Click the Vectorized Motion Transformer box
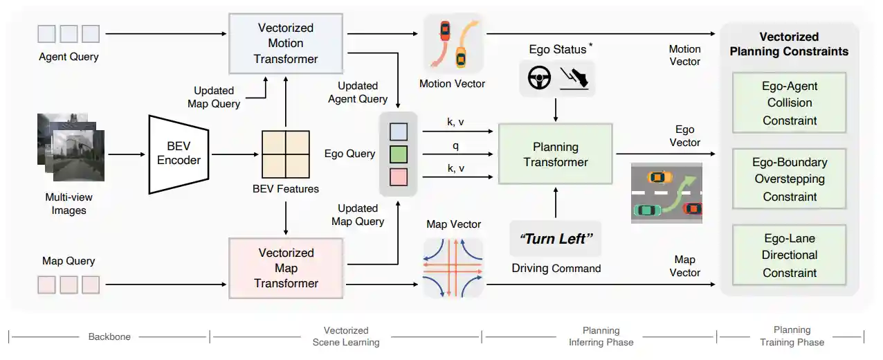tap(286, 44)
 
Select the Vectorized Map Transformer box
tap(286, 268)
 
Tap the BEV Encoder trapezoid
tap(179, 154)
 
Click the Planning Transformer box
tap(555, 154)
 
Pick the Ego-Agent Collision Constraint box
tap(790, 103)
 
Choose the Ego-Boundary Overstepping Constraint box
tap(790, 179)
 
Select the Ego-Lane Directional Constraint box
tap(790, 255)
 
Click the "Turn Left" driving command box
tap(556, 240)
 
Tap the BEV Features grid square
tap(286, 154)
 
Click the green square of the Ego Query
tap(399, 154)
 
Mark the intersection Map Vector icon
tap(453, 267)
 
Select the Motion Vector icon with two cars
tap(452, 44)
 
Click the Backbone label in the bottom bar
tap(109, 336)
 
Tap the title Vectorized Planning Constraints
tap(789, 44)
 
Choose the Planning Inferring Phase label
tap(601, 336)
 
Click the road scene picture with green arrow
tap(666, 192)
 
